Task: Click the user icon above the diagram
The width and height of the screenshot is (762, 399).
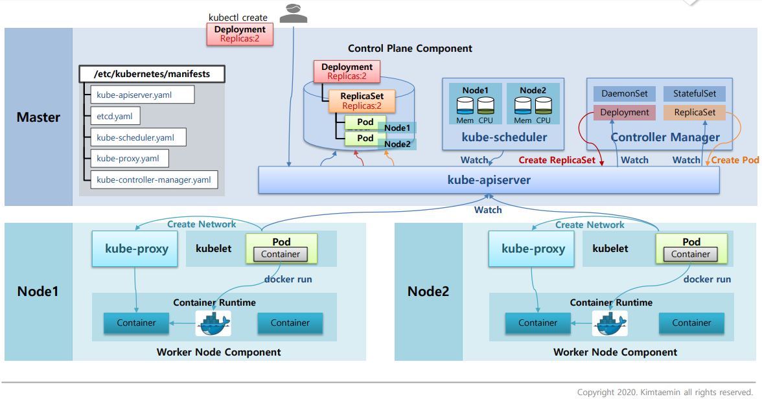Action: tap(293, 13)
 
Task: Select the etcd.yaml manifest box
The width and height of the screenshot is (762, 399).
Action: tap(115, 117)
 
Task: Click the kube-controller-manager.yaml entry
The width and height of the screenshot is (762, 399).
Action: tap(154, 179)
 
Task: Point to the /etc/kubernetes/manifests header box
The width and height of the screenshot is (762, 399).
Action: tap(152, 74)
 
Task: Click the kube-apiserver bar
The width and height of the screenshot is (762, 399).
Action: tap(489, 179)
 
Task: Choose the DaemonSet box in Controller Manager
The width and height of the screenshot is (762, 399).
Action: tap(625, 94)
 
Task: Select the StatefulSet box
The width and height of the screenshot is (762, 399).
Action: tap(695, 94)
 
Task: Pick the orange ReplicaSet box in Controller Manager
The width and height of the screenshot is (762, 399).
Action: tap(695, 113)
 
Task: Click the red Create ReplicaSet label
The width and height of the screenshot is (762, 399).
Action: tap(557, 160)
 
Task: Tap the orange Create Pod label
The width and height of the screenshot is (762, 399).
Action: tap(735, 160)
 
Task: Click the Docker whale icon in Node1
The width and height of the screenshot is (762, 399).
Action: tap(213, 323)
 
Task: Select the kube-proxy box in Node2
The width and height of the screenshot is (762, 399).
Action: tap(533, 249)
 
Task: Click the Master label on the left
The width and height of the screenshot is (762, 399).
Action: tap(38, 117)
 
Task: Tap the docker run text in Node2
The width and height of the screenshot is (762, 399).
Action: tap(707, 279)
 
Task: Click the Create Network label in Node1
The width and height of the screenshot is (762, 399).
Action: tap(202, 224)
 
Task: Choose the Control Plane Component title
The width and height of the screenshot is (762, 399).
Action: tap(410, 49)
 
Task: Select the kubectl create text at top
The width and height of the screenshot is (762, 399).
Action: tap(238, 17)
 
